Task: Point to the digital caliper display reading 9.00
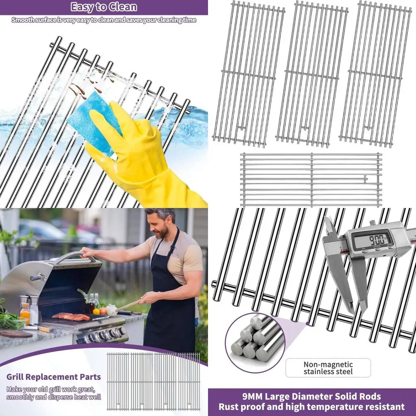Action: tap(371, 240)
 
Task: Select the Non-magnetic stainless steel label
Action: tap(328, 368)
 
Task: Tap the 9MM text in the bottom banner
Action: tap(255, 396)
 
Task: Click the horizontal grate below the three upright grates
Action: tap(311, 179)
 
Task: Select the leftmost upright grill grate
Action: tap(248, 74)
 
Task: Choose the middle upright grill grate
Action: tap(312, 74)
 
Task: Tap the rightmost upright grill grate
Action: tap(376, 74)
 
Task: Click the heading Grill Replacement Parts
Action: tap(54, 377)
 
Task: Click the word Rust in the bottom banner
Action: tap(229, 407)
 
